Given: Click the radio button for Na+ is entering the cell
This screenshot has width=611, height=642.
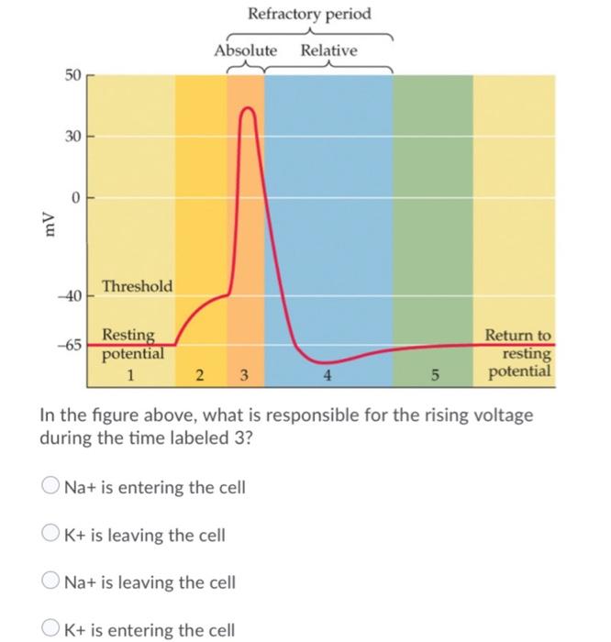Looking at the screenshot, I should (51, 487).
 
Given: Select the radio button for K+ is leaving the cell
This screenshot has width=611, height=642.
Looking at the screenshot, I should (51, 535).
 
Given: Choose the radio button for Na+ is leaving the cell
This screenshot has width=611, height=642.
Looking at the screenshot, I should (51, 582).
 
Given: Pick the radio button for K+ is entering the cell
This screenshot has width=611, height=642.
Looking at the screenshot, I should (51, 630).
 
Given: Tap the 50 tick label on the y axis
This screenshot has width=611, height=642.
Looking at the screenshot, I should (72, 73).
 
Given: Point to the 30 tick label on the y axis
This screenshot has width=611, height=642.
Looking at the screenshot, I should (72, 137).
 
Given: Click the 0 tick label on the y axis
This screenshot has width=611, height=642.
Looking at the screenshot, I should (77, 196).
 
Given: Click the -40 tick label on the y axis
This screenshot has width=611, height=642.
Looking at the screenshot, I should (71, 296).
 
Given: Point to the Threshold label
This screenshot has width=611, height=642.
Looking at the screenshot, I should (137, 286).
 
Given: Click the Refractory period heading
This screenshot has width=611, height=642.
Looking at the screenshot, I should (309, 14).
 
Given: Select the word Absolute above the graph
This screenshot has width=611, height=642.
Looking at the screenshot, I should (245, 50).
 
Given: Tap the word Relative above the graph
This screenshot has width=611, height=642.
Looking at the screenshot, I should (328, 50).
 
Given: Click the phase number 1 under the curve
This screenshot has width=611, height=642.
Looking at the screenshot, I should (131, 373).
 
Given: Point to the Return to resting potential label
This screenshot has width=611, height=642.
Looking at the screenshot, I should (518, 354).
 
